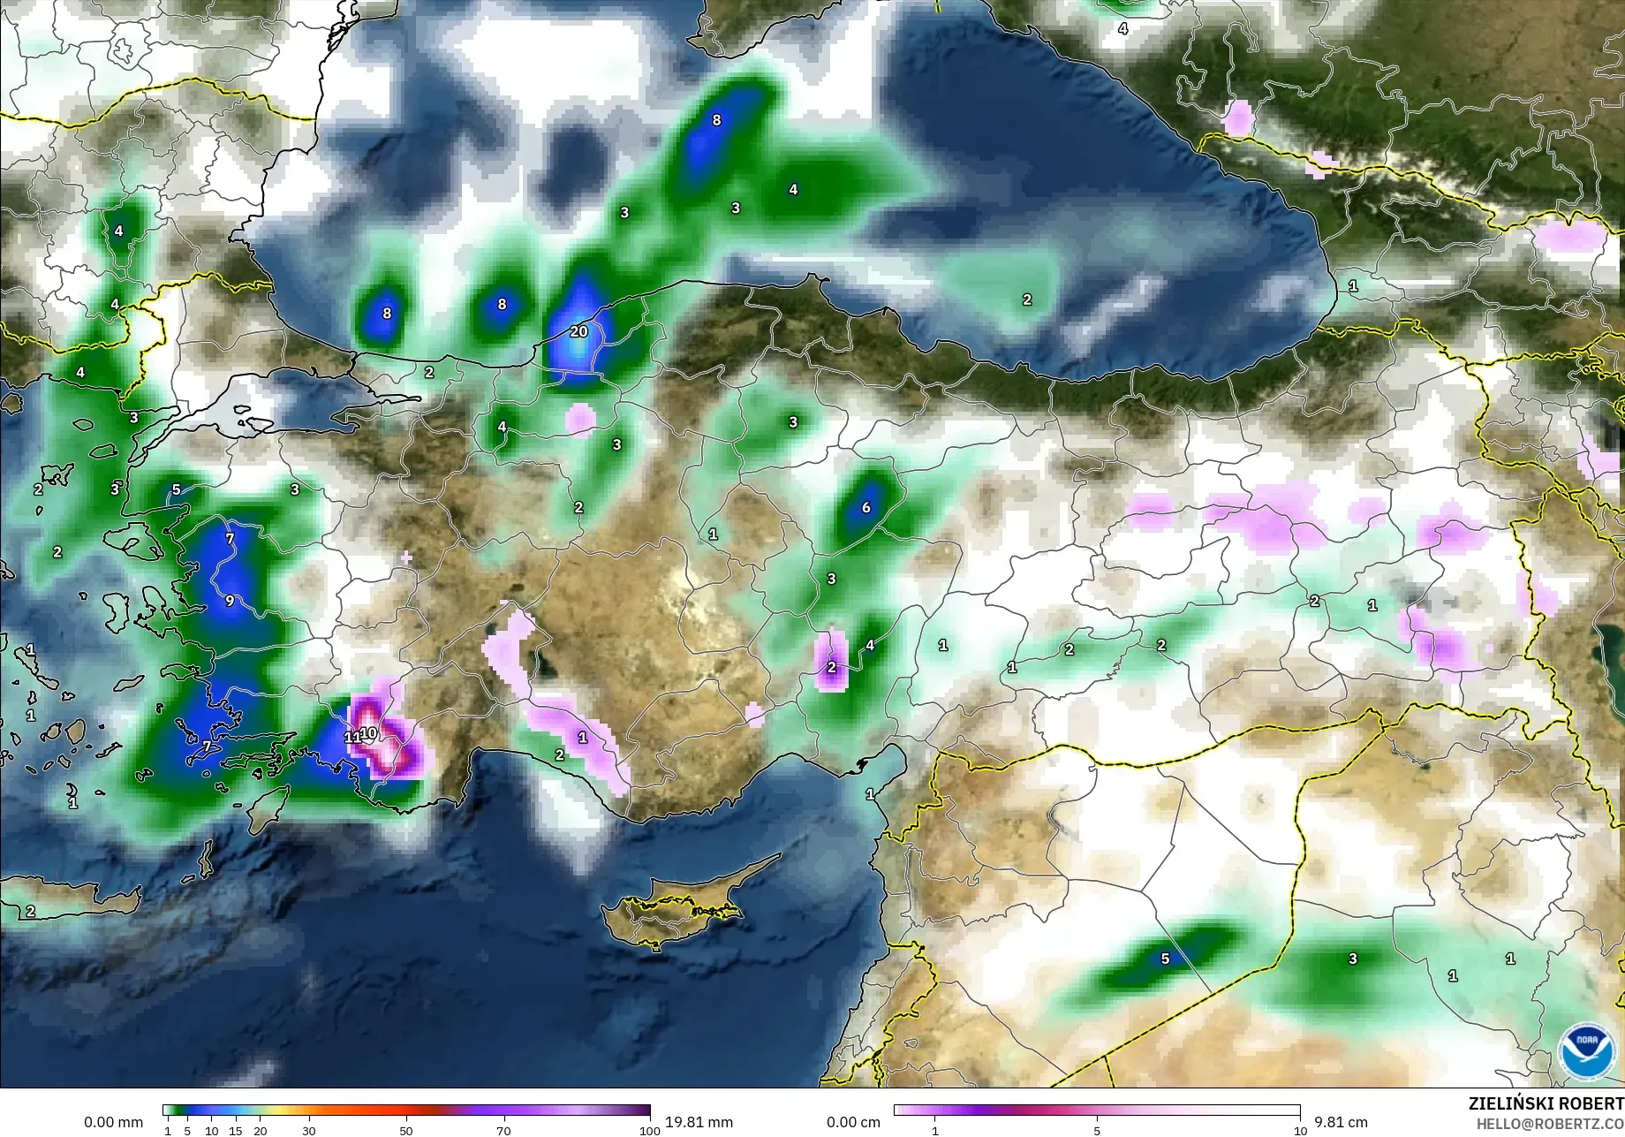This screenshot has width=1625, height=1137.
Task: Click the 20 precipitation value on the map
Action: point(578,331)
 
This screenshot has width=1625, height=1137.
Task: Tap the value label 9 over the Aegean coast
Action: point(230,601)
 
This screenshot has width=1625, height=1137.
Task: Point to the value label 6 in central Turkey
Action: point(866,507)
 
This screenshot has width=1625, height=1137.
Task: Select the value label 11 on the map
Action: point(351,737)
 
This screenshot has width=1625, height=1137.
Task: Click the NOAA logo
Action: point(1587,1051)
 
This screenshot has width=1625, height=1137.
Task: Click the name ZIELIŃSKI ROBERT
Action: point(1546,1103)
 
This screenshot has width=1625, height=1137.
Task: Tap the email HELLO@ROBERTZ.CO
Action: point(1550,1124)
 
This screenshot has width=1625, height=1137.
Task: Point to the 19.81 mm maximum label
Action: point(699,1122)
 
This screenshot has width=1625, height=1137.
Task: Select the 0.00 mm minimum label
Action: point(113,1122)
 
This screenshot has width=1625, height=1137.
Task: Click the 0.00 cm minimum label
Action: point(853,1122)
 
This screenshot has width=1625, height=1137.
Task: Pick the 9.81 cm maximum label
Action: point(1341,1122)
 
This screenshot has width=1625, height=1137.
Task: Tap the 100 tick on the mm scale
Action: point(650,1131)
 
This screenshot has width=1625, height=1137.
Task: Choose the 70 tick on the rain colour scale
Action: point(503,1131)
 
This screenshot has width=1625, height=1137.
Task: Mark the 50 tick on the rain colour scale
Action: point(406,1131)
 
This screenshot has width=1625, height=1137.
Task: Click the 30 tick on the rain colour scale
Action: point(309,1131)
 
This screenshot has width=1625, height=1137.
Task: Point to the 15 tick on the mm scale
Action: point(235,1131)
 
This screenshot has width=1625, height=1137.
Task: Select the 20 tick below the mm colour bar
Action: point(260,1131)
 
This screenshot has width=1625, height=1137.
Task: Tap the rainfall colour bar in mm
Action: point(406,1110)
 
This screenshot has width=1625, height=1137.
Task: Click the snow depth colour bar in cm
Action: point(1097,1110)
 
